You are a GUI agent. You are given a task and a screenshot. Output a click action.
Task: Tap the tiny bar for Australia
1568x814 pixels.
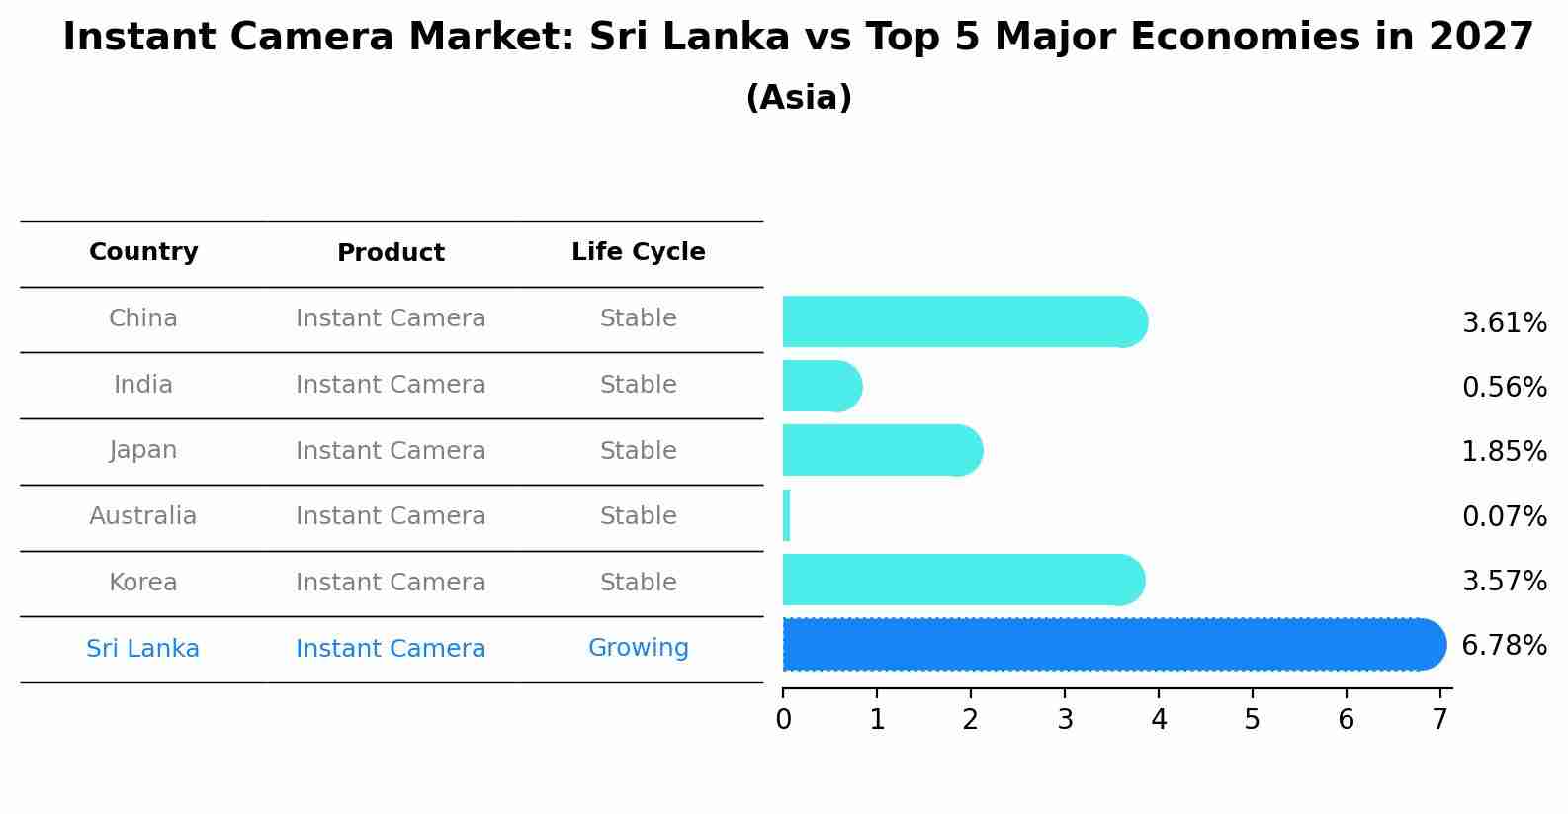tap(787, 515)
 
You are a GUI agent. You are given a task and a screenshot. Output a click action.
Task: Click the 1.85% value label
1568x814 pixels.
tap(1504, 452)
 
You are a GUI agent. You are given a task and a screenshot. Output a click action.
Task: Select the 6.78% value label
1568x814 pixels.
tap(1504, 646)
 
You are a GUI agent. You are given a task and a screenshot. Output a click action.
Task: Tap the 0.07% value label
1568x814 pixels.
tap(1504, 516)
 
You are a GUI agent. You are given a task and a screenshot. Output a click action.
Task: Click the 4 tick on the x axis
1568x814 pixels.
tap(1159, 720)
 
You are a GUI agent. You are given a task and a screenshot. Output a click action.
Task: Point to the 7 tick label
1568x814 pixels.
tap(1440, 720)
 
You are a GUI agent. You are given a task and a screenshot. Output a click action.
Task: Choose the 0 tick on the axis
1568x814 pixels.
tap(783, 720)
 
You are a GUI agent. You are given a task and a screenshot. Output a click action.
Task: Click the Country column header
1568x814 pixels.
tap(143, 252)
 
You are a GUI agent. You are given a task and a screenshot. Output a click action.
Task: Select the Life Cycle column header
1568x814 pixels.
tap(638, 252)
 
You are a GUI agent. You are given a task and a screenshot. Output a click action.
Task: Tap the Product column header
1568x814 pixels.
tap(391, 253)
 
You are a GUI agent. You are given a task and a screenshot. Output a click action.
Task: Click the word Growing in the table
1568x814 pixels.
tap(638, 648)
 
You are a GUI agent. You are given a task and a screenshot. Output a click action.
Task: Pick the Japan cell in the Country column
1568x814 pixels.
tap(143, 450)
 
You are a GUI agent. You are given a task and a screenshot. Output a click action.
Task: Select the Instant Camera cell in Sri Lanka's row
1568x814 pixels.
tap(391, 649)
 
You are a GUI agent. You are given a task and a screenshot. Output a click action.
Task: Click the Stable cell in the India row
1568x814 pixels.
tap(638, 385)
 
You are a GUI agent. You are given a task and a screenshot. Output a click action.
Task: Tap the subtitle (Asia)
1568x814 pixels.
tap(799, 98)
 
